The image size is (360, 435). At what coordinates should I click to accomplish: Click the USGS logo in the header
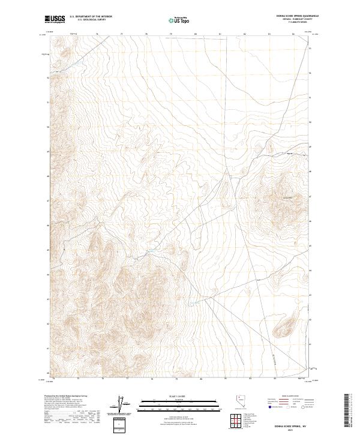[55, 19]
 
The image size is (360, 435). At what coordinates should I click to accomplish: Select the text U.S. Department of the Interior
[91, 17]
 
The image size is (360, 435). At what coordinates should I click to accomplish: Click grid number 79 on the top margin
[170, 34]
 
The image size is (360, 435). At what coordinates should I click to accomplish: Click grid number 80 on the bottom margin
[201, 379]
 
